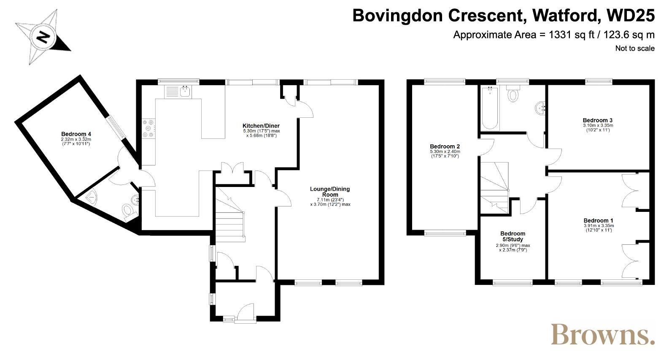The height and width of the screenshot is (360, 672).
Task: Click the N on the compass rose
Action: (x=43, y=37)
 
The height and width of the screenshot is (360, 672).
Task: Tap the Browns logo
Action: (x=602, y=334)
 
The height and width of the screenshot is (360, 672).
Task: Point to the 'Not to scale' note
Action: (x=635, y=49)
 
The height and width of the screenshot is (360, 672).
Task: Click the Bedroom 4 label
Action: (x=76, y=134)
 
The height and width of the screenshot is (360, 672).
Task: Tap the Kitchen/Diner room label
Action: (x=261, y=126)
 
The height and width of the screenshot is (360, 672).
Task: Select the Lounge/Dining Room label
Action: (x=330, y=192)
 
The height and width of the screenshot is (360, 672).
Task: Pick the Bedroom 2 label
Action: (x=445, y=146)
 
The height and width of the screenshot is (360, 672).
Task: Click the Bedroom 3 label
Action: (x=598, y=120)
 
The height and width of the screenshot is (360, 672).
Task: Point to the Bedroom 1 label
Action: (x=599, y=220)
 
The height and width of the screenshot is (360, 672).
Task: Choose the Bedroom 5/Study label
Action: (x=513, y=236)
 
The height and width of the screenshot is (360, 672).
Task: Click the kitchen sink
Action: (x=178, y=92)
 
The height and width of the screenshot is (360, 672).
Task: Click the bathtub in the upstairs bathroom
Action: (x=490, y=108)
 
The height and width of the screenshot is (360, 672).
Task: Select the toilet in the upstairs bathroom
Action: (x=513, y=93)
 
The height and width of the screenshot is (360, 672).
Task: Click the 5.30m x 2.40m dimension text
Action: (x=445, y=152)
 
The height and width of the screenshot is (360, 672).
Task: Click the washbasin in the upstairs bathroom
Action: (x=540, y=108)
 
